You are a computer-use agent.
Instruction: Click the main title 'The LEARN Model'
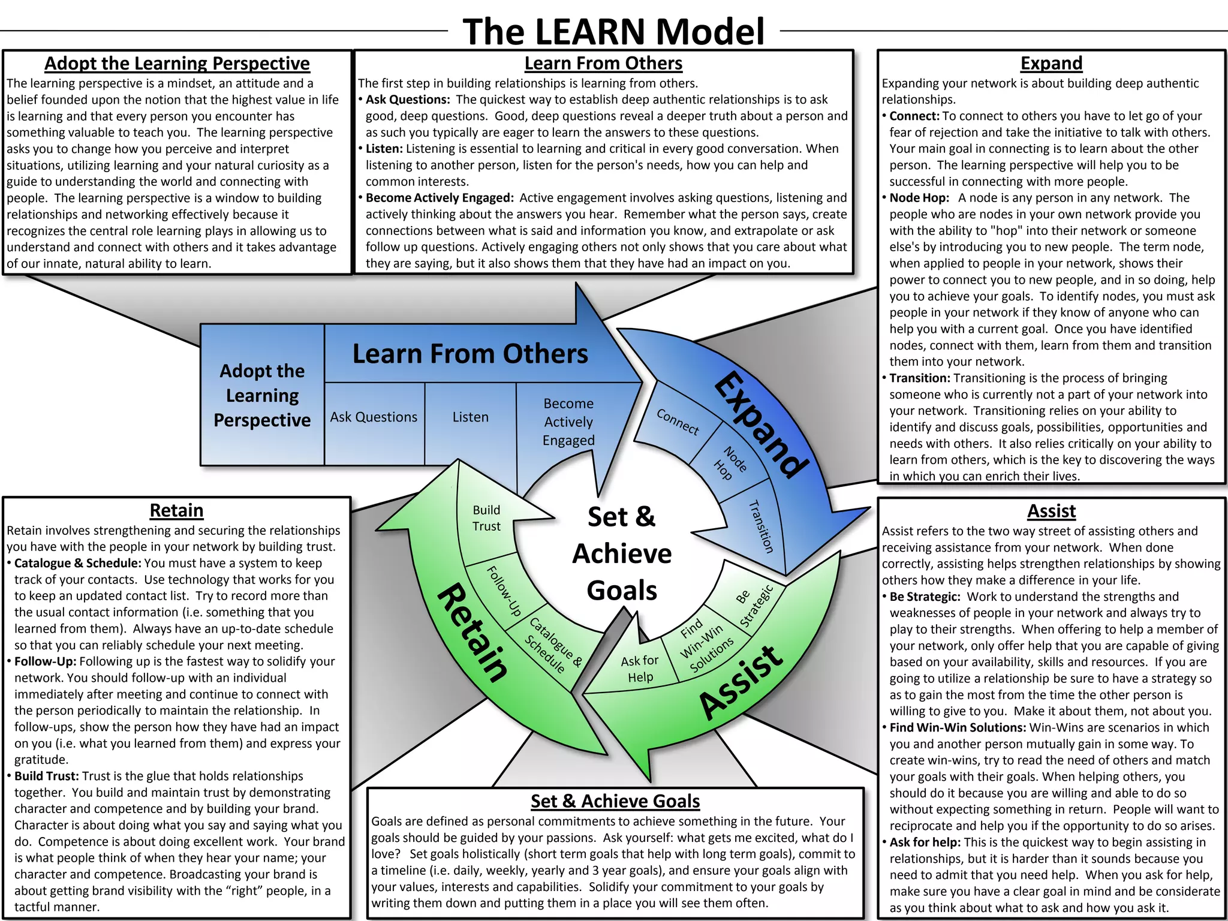pyautogui.click(x=613, y=31)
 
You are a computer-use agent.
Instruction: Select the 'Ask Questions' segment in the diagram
pyautogui.click(x=374, y=417)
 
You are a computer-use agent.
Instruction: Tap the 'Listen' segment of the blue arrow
pyautogui.click(x=471, y=417)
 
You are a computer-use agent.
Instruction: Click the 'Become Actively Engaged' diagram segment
pyautogui.click(x=568, y=422)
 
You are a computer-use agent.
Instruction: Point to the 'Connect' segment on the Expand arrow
pyautogui.click(x=678, y=422)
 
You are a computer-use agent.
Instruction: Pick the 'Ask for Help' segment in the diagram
pyautogui.click(x=639, y=669)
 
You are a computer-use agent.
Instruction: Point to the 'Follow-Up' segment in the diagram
pyautogui.click(x=504, y=591)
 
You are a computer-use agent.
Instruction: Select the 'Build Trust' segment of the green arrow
pyautogui.click(x=486, y=518)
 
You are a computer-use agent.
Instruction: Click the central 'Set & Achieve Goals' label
pyautogui.click(x=622, y=553)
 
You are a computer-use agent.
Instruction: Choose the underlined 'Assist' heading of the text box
pyautogui.click(x=1051, y=511)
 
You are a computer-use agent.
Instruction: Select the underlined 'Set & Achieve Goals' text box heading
pyautogui.click(x=615, y=801)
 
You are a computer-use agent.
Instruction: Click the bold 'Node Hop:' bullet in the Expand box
pyautogui.click(x=919, y=198)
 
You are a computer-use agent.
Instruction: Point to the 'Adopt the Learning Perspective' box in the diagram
pyautogui.click(x=262, y=396)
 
